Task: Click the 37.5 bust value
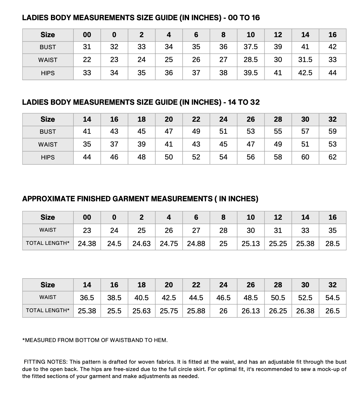251,47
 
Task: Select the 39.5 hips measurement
251,73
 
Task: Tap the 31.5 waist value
305,60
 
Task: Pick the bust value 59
332,131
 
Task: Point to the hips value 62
332,157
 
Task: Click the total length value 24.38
87,243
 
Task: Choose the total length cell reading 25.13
251,243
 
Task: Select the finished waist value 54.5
332,298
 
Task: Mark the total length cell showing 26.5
332,311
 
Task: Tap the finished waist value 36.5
87,298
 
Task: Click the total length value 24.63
141,243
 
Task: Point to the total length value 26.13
251,311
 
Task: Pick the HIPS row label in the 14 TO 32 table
48,157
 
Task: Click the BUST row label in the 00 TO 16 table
48,47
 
